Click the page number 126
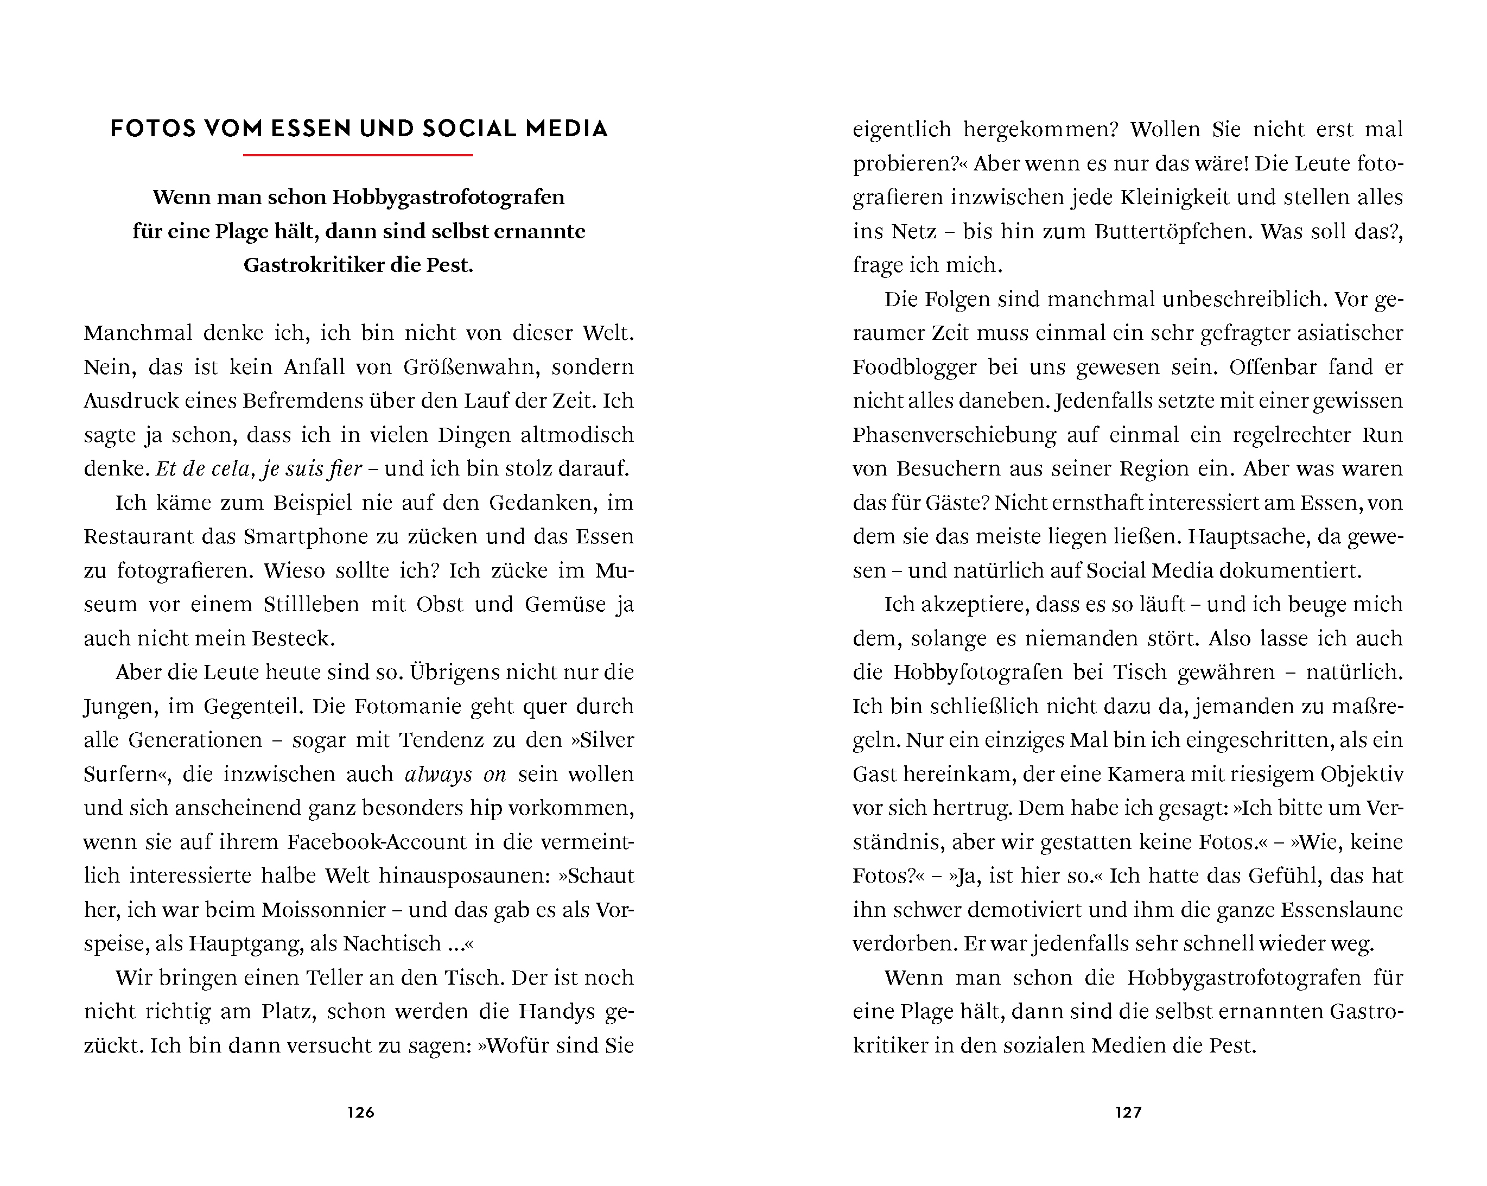tap(361, 1112)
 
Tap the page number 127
tap(1128, 1112)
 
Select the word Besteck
tap(293, 638)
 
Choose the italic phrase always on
tap(455, 774)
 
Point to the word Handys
tap(557, 1011)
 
